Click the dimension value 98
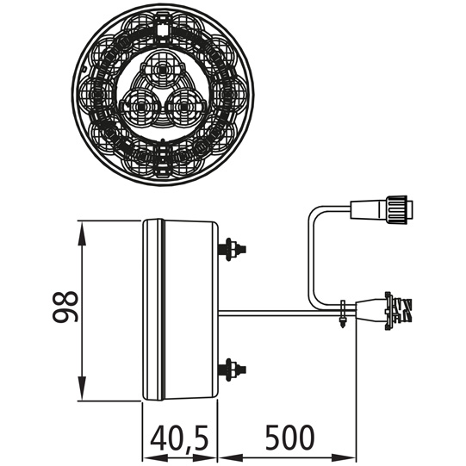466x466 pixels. tap(65, 307)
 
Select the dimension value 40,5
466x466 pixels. tap(179, 438)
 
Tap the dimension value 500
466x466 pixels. tap(289, 437)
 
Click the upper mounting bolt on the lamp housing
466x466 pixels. tap(232, 249)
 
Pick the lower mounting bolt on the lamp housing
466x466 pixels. tap(232, 370)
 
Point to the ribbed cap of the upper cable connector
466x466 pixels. tap(396, 209)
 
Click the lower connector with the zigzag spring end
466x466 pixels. tap(384, 311)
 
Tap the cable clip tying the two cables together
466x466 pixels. tap(343, 314)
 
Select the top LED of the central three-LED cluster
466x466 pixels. tap(162, 70)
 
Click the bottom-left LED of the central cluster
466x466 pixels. tap(140, 106)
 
